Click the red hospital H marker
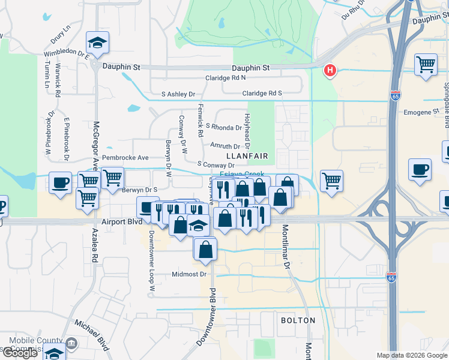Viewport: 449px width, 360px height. click(330, 71)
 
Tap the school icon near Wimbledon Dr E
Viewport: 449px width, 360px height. click(97, 42)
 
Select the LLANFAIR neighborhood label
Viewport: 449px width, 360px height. click(246, 155)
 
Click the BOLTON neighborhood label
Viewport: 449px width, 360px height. click(298, 320)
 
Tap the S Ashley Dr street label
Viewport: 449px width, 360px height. click(178, 94)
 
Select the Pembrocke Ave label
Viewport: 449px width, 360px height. click(125, 158)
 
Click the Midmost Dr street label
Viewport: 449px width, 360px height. click(189, 274)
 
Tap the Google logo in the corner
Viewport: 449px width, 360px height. click(19, 353)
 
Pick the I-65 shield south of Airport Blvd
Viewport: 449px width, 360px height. click(391, 277)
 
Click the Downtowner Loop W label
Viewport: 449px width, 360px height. click(152, 262)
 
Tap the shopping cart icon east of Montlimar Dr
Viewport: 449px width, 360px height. click(331, 181)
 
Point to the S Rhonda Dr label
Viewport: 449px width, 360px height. click(223, 127)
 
